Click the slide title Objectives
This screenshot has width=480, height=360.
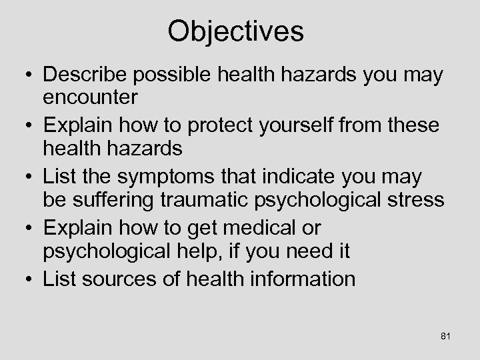(x=235, y=31)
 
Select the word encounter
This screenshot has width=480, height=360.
(x=90, y=97)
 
